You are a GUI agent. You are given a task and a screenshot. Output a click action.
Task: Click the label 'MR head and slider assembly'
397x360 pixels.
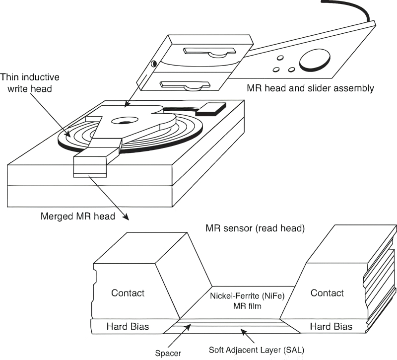[x=310, y=88]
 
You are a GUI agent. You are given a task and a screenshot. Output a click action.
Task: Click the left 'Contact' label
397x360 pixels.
[x=128, y=293]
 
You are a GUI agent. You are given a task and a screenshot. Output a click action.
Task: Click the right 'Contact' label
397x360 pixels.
[x=327, y=293]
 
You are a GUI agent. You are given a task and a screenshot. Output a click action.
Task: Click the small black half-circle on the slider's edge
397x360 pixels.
[x=153, y=63]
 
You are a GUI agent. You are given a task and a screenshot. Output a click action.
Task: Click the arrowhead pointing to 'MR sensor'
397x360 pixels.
[x=128, y=218]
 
